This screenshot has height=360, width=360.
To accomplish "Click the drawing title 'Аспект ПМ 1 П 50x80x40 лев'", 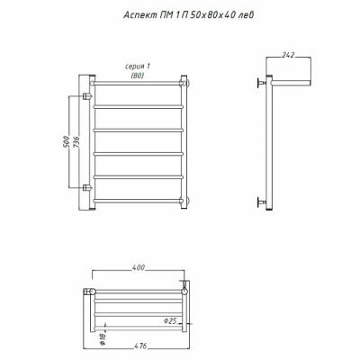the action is pos(189,15).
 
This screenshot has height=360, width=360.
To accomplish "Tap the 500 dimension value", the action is pos(67,141).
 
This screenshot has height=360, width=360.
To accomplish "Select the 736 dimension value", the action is pos(76,141).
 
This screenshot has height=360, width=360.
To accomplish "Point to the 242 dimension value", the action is pos(288,55).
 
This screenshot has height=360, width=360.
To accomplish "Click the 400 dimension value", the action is pos(139,267).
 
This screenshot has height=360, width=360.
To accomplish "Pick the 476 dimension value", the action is pos(139,346).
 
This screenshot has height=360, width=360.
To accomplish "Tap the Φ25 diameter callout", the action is pos(170,321).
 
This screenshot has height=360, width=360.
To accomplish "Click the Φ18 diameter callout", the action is pos(103,339).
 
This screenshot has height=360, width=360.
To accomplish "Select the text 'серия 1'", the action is pos(138,67).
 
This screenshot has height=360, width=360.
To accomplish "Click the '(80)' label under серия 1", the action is pos(138,76).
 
